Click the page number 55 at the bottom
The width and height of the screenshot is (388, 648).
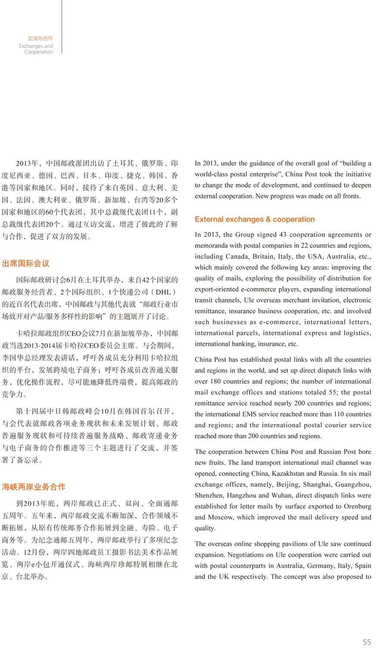click(x=367, y=642)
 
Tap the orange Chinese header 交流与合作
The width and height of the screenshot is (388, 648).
click(x=40, y=38)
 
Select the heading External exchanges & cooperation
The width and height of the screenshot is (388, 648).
click(x=255, y=219)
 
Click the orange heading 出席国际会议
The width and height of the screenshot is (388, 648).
click(x=26, y=263)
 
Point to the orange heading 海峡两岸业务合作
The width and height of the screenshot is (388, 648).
click(x=34, y=487)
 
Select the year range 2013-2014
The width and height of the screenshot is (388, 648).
click(x=39, y=346)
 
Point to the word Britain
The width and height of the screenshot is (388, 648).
click(x=263, y=256)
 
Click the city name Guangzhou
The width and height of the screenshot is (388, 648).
click(x=357, y=484)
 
